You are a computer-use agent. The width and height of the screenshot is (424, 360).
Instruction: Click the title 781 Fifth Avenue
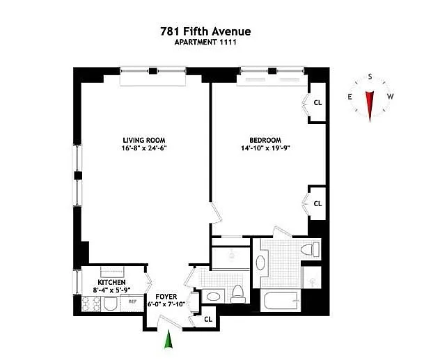click(205, 31)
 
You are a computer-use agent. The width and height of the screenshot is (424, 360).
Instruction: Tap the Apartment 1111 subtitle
click(205, 42)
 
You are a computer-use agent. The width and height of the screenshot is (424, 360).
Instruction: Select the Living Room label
click(144, 140)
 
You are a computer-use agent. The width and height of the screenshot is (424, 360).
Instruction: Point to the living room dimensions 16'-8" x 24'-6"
click(144, 148)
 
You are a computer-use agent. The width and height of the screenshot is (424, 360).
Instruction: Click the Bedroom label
click(265, 140)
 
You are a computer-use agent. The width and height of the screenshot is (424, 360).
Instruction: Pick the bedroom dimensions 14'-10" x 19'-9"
click(265, 148)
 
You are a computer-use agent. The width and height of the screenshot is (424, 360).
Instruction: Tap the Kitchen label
click(111, 283)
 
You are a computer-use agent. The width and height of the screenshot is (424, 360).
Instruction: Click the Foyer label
click(166, 297)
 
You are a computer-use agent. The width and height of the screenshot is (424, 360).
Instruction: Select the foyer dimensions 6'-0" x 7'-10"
click(166, 304)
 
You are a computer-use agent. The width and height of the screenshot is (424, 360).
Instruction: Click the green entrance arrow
click(168, 339)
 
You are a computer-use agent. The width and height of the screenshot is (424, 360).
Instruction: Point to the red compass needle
click(370, 106)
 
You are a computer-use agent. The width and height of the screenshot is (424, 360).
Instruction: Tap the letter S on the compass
click(370, 77)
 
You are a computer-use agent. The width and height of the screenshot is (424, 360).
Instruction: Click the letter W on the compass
click(390, 96)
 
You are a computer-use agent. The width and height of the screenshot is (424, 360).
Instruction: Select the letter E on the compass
click(350, 97)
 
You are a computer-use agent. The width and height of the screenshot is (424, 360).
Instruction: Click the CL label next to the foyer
click(208, 320)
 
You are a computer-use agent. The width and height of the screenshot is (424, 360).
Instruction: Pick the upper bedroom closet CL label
click(317, 103)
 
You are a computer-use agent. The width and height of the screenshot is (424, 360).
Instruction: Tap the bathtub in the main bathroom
click(281, 300)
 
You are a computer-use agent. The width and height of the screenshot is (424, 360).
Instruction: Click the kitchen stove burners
click(91, 304)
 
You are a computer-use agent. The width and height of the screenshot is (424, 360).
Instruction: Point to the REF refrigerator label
click(132, 302)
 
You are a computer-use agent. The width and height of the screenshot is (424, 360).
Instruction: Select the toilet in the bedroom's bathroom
click(310, 249)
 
